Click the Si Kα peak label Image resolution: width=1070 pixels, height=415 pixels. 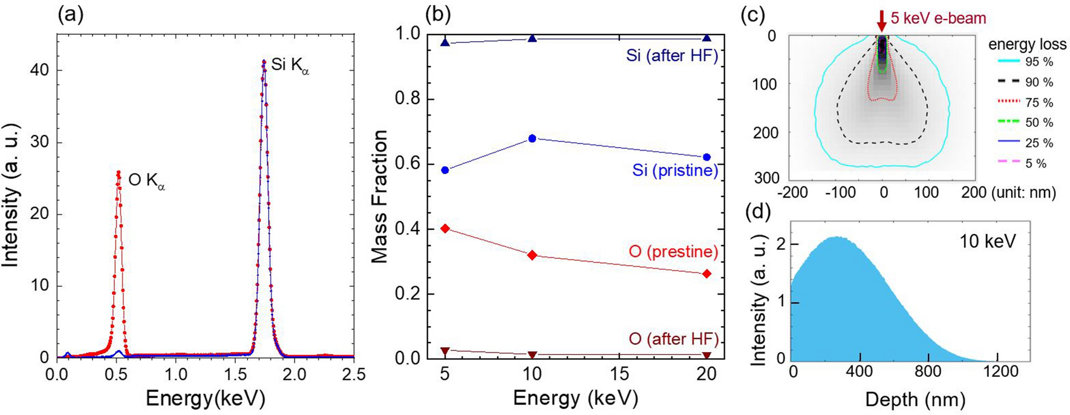(x=289, y=65)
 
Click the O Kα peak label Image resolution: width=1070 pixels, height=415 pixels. (x=146, y=180)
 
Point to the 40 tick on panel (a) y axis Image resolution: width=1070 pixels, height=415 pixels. (x=41, y=71)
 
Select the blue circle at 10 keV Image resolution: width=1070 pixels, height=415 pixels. (x=532, y=139)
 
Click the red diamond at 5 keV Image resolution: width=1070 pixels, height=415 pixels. (x=445, y=228)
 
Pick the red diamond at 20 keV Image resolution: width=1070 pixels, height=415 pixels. (x=706, y=273)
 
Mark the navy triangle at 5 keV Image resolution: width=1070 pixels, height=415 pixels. (x=445, y=42)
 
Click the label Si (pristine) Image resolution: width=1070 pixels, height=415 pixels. (x=675, y=171)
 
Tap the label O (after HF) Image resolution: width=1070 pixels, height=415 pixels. (x=674, y=339)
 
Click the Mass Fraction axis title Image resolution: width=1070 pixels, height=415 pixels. (x=379, y=197)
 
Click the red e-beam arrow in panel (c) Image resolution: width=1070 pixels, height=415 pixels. (x=881, y=21)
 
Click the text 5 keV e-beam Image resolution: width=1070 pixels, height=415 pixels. (x=938, y=18)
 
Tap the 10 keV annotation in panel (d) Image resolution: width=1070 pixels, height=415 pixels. (x=987, y=241)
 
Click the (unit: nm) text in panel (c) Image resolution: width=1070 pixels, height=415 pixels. (x=1024, y=193)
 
